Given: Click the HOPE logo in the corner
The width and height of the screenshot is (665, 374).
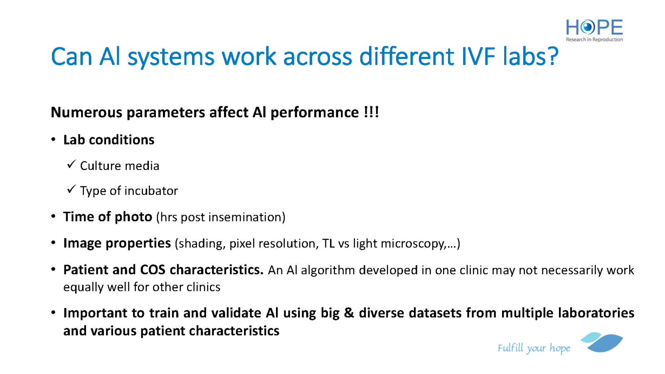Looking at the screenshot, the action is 594,30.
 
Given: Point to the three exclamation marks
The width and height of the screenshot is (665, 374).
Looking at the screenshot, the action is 372,112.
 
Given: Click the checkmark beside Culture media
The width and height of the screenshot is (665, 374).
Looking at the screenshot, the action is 71,164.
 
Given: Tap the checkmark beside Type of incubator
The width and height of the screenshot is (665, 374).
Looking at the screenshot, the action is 71,189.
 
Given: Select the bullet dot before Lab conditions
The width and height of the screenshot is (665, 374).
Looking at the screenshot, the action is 54,139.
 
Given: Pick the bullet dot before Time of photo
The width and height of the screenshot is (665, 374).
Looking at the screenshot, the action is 54,216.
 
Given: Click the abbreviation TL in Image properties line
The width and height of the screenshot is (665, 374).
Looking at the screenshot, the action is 328,244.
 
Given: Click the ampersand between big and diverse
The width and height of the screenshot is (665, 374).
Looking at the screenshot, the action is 349,313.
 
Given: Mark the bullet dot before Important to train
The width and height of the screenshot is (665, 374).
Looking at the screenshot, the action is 54,312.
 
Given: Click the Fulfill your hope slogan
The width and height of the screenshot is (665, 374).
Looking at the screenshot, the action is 534,348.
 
